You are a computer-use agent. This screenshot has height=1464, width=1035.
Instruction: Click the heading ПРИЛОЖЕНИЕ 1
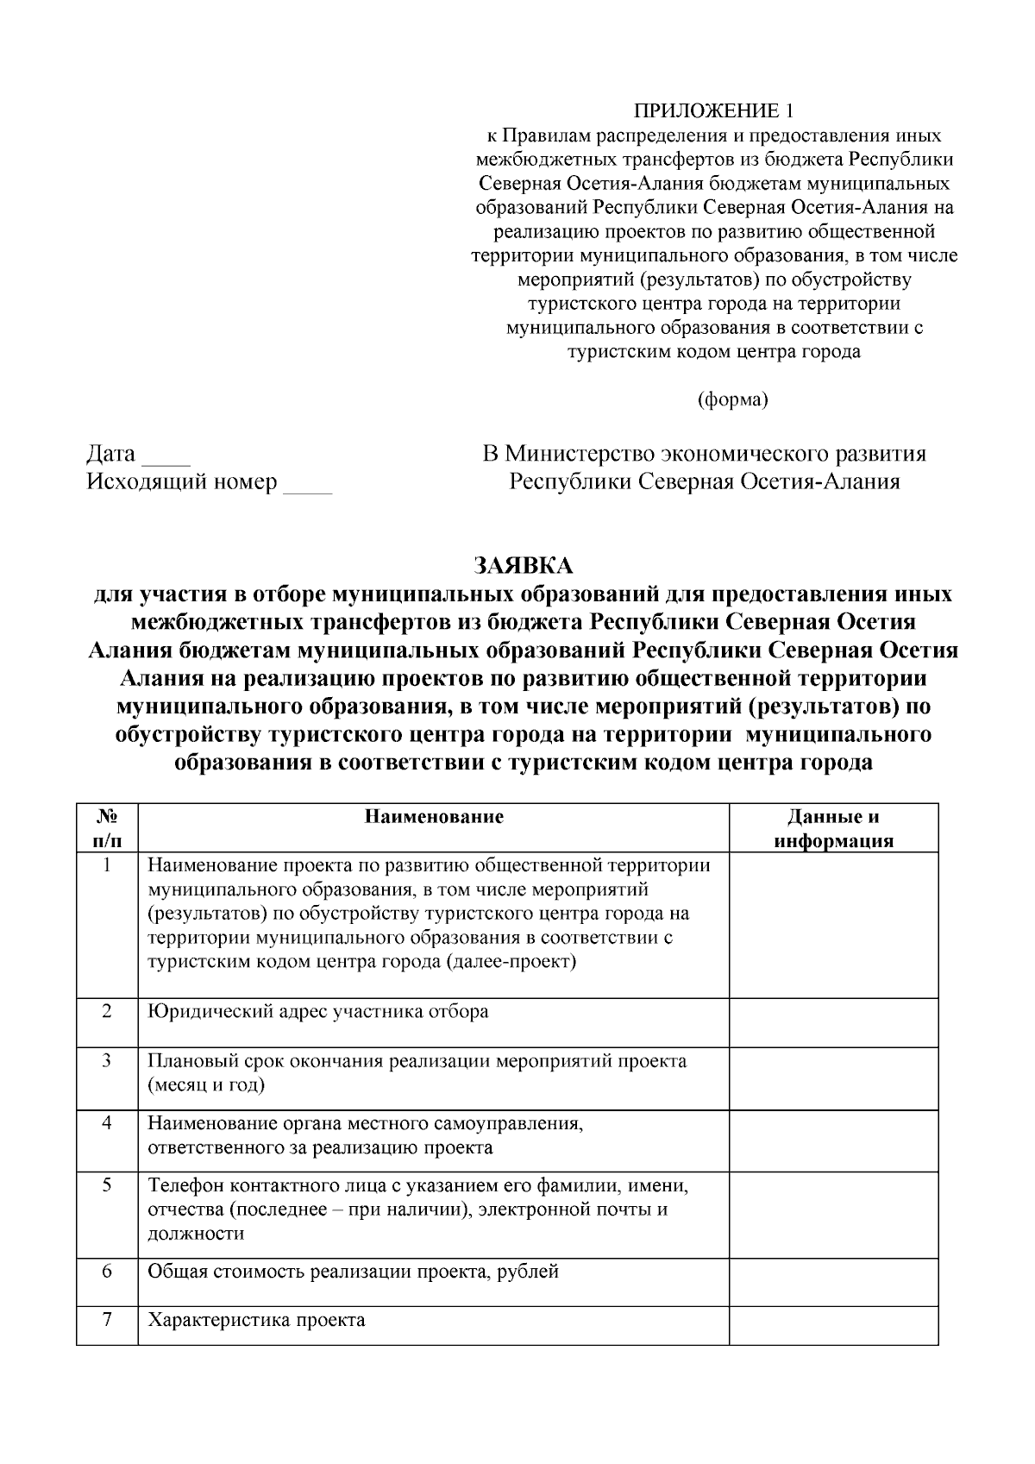712,111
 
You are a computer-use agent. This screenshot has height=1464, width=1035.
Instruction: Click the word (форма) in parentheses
731,400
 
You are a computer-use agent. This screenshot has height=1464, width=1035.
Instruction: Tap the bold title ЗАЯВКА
523,566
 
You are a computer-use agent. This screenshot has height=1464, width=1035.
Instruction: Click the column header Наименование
434,817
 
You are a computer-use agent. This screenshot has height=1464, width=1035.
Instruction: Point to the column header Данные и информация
833,829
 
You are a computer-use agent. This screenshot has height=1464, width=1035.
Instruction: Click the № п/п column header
107,829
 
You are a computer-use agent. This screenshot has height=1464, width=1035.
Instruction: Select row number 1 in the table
107,865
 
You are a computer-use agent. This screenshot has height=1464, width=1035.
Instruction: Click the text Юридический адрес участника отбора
318,1012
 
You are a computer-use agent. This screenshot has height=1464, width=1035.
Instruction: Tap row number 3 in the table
107,1060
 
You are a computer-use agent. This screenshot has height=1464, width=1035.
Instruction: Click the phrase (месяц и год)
206,1085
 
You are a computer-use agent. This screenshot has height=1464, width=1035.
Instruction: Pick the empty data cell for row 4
833,1140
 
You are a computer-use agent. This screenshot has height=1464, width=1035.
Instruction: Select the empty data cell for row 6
833,1282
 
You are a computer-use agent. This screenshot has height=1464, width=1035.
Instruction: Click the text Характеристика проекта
256,1321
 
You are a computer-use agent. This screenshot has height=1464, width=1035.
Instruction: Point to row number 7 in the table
107,1320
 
